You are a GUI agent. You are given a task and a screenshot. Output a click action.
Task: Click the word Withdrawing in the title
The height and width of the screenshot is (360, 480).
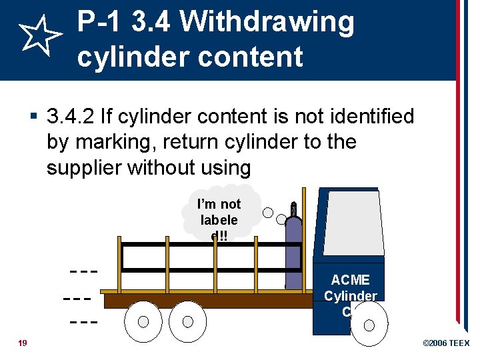click(x=267, y=23)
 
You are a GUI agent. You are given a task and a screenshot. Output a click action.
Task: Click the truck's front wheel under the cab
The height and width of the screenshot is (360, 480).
click(x=369, y=325)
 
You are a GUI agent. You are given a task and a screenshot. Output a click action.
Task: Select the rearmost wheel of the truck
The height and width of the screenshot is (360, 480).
click(x=143, y=322)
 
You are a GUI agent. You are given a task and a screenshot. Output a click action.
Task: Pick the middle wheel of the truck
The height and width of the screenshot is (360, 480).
click(x=187, y=321)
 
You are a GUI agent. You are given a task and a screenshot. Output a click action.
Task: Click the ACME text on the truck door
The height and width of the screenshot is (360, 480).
click(x=350, y=280)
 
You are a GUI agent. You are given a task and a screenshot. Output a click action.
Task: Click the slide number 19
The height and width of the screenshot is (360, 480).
click(x=23, y=343)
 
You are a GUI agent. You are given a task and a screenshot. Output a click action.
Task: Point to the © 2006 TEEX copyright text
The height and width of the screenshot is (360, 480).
click(x=446, y=343)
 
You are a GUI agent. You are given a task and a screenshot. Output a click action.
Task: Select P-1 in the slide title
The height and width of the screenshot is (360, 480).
click(x=101, y=23)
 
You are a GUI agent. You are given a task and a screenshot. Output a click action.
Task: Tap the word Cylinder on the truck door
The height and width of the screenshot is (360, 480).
click(x=351, y=296)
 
